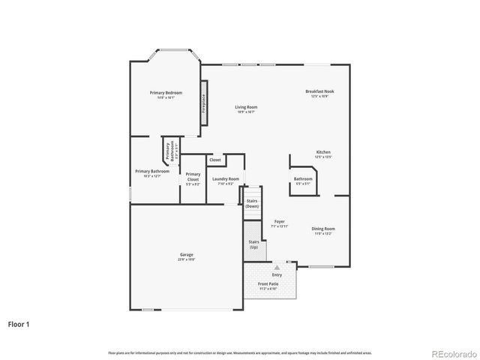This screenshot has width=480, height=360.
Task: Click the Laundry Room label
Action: pos(225,179)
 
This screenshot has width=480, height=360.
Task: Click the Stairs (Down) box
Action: pos(253,202)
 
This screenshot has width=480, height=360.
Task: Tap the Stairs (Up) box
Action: pos(253,244)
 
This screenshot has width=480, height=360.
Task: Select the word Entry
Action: pos(277,274)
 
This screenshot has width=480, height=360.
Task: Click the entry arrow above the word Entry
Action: pos(277,267)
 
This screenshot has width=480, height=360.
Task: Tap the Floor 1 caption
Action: pos(19,324)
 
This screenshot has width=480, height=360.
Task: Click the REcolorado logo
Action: pos(452,351)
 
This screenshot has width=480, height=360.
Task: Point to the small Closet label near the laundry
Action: pos(215,160)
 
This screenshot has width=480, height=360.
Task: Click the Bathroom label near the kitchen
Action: pos(303,179)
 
